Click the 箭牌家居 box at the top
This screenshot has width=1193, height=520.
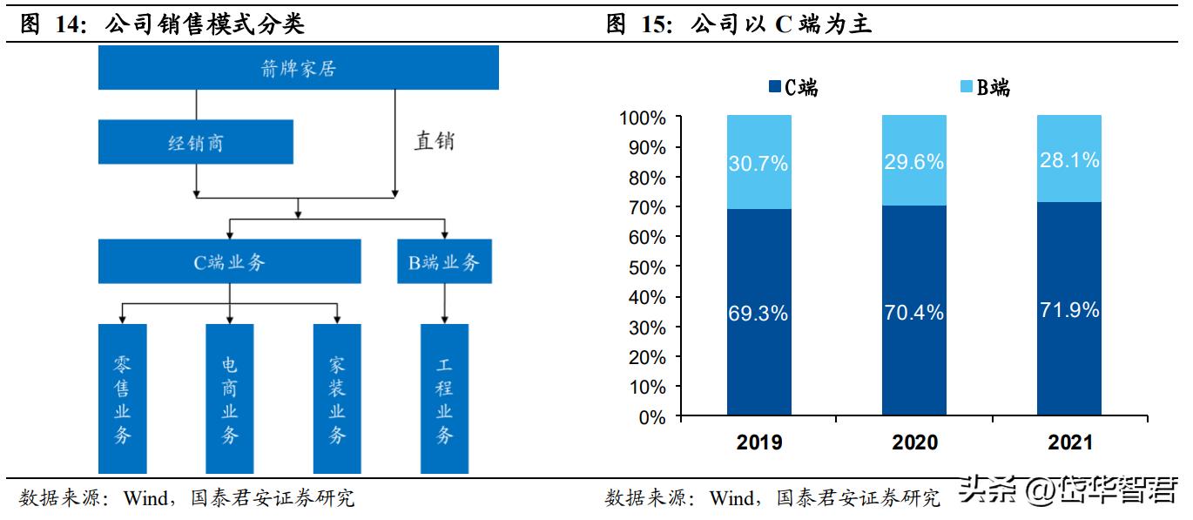pos(298,68)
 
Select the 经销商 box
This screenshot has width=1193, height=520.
pos(195,143)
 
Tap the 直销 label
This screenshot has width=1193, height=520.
pos(434,141)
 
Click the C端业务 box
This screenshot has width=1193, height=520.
pos(229,261)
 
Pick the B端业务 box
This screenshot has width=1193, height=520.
pos(444,261)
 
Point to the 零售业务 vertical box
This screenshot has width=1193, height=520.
pos(123,399)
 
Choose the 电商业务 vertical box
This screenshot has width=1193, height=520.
pos(229,399)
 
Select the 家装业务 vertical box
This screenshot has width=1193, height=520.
pos(337,399)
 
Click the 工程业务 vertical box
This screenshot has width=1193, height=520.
pos(444,399)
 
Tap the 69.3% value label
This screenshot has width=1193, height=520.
pos(758,313)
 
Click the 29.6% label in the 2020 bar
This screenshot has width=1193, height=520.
pos(913,162)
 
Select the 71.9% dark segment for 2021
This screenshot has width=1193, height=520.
pos(1068,308)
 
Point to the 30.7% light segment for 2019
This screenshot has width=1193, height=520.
pos(758,162)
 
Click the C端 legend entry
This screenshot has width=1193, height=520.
pos(793,87)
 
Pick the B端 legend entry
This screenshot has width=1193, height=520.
pos(985,87)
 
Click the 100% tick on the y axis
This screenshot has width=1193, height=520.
pos(643,118)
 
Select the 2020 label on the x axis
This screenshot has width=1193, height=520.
pos(914,442)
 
